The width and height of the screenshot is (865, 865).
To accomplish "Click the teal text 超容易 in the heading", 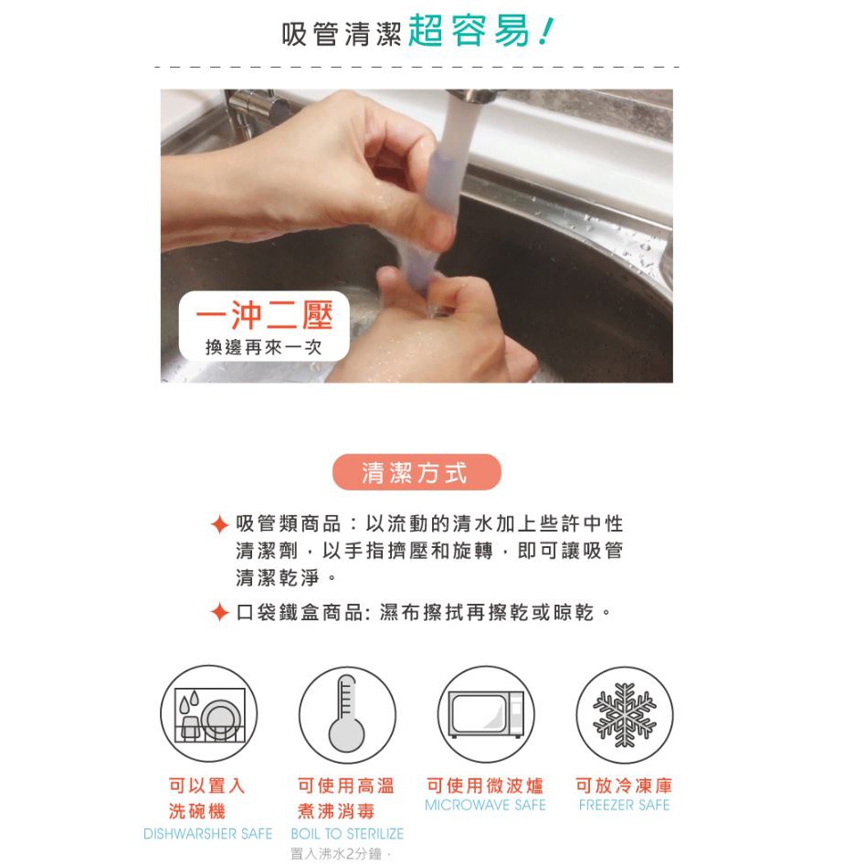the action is point(469,31).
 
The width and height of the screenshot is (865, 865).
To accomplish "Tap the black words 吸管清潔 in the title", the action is point(341,34).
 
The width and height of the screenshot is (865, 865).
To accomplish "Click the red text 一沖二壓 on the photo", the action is point(264,316).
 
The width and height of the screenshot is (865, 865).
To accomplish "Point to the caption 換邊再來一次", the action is point(264,347).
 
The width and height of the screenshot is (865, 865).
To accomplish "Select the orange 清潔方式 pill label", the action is point(417,472).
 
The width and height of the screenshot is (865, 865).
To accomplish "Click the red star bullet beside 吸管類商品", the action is point(219,524).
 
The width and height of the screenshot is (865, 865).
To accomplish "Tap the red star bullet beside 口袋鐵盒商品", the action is point(219,612).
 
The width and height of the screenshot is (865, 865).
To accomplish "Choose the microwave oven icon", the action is point(485,714).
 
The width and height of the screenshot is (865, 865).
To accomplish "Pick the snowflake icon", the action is point(625,714).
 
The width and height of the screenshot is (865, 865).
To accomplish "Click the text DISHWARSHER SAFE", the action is point(208,834).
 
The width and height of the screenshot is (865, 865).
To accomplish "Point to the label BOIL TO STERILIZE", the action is point(347,834).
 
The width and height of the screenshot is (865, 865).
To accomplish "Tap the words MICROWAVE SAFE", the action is point(485,806).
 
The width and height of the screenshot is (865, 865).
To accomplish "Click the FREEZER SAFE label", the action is point(625,806).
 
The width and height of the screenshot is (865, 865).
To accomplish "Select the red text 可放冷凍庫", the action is point(625,785).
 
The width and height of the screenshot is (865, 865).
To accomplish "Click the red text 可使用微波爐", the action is point(485,785).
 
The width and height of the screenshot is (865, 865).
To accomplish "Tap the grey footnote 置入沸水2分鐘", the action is point(341,855).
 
